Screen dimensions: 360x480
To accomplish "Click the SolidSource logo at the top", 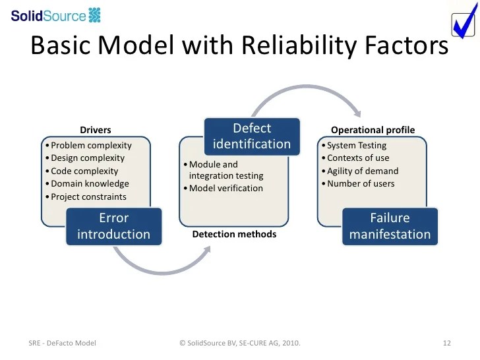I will tap(56, 15).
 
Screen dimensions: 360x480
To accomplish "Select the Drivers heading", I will tap(96, 130).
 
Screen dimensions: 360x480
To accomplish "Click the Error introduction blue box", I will tap(113, 226).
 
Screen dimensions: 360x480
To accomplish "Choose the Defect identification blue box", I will tap(252, 136).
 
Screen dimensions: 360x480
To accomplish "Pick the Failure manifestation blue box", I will tap(390, 226).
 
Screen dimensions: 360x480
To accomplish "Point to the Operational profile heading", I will tap(373, 130).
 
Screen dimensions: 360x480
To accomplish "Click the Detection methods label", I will tap(234, 234).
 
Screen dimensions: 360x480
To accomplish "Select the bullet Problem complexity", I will tap(91, 145).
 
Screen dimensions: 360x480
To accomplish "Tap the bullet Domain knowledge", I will tap(90, 184).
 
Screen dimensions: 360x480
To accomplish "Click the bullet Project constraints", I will tap(88, 196).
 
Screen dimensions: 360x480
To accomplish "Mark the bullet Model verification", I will tap(225, 189).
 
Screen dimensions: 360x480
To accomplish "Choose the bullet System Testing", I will tap(357, 145).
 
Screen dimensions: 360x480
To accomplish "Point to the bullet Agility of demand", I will tap(363, 171).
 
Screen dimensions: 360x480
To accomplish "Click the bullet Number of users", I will tap(361, 183).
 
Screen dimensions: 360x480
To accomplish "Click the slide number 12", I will tap(446, 343).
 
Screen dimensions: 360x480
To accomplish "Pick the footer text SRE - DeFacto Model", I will tap(63, 343).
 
